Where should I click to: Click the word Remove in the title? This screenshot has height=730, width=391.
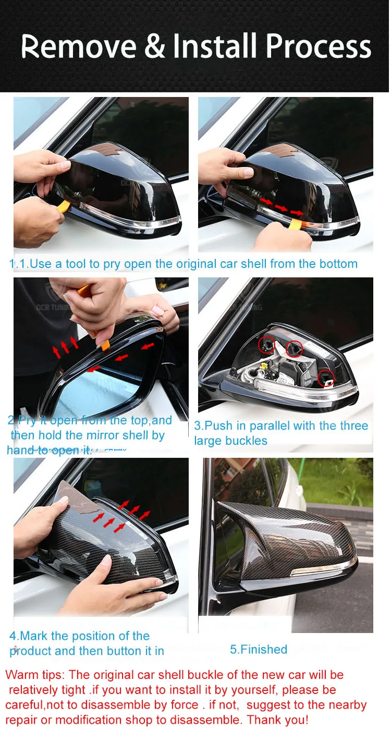(79, 46)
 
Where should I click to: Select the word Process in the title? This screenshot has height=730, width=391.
(319, 46)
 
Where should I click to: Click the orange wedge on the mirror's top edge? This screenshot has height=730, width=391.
(105, 345)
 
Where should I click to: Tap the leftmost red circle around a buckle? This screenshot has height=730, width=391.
(266, 344)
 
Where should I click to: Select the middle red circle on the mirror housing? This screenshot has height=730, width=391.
(294, 349)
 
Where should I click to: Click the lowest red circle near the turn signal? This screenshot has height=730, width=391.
(326, 379)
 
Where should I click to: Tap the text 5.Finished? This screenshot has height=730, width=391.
(259, 650)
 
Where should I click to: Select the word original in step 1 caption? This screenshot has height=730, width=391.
(197, 264)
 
